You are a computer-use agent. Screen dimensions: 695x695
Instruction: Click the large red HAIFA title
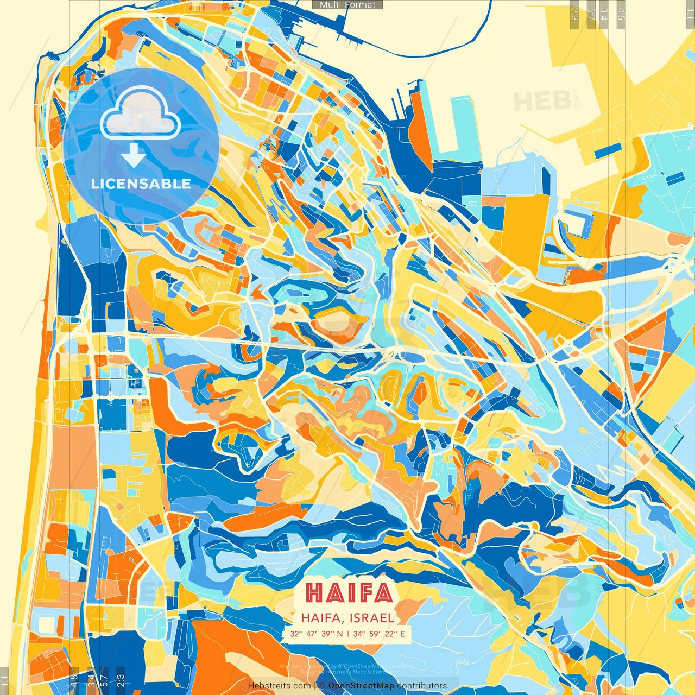[x=349, y=593]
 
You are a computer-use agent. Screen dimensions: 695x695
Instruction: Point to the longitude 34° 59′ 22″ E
[x=380, y=634]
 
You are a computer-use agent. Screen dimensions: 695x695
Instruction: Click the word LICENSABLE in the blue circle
[x=141, y=184]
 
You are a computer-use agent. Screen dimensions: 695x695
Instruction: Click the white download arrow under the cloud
[x=133, y=155]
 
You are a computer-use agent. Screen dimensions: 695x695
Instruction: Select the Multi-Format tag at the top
[x=347, y=5]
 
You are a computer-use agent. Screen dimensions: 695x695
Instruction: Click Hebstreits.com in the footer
[x=280, y=686]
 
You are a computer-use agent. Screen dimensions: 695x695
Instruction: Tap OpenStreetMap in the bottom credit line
[x=361, y=686]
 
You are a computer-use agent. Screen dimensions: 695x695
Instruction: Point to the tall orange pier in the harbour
[x=420, y=125]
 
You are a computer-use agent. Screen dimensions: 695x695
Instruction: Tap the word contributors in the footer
[x=422, y=686]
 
